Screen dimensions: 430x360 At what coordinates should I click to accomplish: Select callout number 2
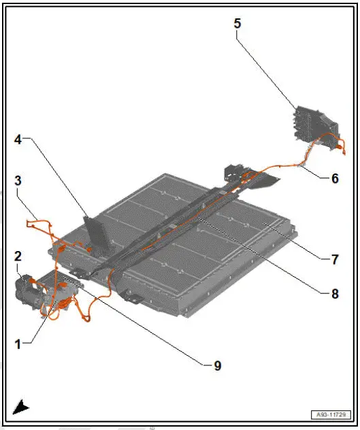[x=18, y=257]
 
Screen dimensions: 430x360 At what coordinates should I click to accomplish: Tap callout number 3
[x=18, y=181]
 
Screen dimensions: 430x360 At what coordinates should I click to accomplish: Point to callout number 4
[x=18, y=140]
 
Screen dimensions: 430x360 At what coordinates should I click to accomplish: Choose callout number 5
[x=238, y=24]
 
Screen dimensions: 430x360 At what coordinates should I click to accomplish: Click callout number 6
[x=334, y=179]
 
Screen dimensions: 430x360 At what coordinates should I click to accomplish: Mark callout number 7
[x=334, y=259]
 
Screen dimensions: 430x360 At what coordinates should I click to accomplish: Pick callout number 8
[x=334, y=295]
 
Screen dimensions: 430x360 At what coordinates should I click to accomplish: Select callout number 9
[x=217, y=365]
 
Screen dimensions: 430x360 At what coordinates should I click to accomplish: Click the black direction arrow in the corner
[x=22, y=408]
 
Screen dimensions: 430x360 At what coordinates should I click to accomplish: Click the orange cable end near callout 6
[x=340, y=145]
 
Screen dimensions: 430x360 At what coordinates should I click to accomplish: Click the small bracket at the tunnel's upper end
[x=233, y=171]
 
